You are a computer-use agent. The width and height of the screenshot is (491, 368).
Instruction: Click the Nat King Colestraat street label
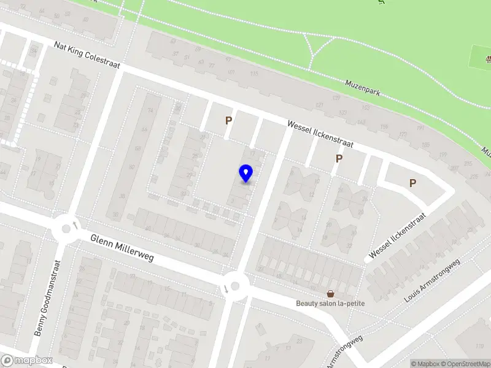point(87,55)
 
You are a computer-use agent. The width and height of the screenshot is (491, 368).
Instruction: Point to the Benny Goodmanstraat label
point(48,298)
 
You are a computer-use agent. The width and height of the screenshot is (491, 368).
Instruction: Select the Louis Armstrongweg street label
point(432,281)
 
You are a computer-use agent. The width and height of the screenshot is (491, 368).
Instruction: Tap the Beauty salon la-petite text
point(330,304)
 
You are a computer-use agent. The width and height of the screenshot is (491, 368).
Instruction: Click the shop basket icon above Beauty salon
point(330,294)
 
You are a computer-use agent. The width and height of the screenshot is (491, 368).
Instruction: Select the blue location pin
point(246,174)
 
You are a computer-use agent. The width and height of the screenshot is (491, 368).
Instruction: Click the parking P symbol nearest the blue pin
point(228,121)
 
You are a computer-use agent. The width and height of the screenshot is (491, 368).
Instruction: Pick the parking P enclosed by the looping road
point(412,183)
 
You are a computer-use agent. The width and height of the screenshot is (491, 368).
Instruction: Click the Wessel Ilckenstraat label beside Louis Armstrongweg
point(398,236)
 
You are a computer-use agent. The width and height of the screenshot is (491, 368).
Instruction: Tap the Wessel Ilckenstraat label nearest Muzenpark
point(320,134)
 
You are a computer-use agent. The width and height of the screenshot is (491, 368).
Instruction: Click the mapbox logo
point(26,361)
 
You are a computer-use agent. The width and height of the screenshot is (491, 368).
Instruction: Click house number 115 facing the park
point(253,74)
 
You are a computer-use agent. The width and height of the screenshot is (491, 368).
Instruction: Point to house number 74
point(150,111)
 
